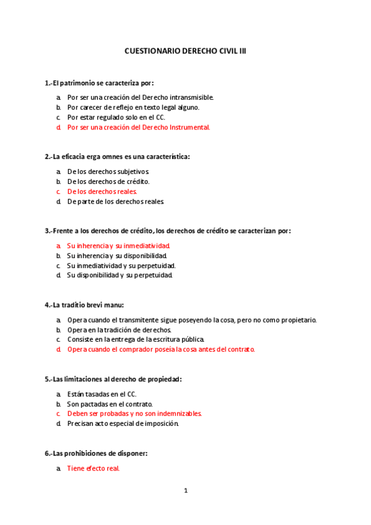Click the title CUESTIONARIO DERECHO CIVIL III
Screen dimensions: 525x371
click(185, 53)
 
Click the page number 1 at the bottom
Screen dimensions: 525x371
click(185, 491)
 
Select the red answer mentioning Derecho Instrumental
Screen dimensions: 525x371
click(139, 128)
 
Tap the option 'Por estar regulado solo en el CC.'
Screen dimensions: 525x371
click(116, 117)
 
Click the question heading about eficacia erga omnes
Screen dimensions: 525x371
click(118, 157)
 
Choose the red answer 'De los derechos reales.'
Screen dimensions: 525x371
click(102, 191)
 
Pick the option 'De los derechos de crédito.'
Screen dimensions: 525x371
click(108, 181)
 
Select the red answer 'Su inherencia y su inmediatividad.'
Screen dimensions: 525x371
click(118, 246)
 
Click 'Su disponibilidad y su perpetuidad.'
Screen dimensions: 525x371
click(120, 275)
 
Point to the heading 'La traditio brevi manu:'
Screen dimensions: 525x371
click(85, 305)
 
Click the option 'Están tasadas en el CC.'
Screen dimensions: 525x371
click(102, 394)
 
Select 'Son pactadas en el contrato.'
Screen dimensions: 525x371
click(110, 404)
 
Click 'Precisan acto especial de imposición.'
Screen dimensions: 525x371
click(123, 423)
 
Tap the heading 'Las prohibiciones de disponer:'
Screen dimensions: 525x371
click(96, 453)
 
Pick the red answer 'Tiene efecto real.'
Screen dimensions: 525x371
click(93, 469)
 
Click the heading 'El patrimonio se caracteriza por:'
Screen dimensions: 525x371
click(99, 82)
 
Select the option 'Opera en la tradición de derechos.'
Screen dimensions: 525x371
click(120, 329)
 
